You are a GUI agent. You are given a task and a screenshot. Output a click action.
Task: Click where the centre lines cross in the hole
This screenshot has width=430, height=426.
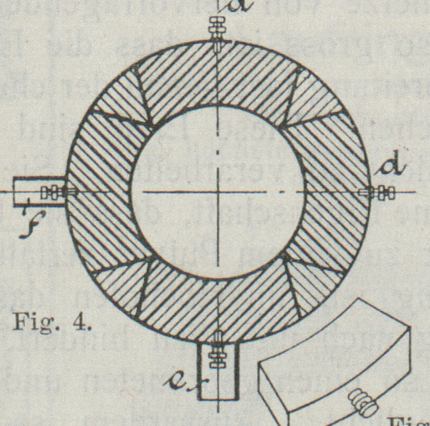218,192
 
